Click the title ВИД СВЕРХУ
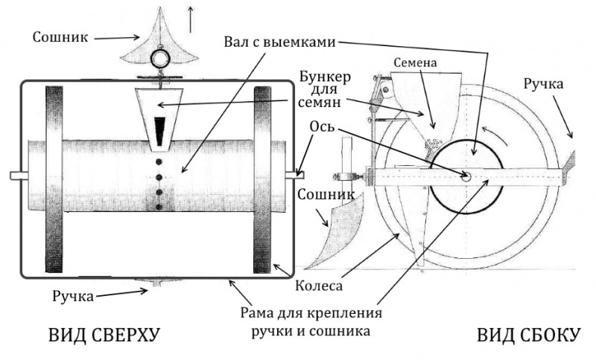pyautogui.click(x=104, y=335)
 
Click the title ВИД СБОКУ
pyautogui.click(x=529, y=335)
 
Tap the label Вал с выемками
pyautogui.click(x=280, y=42)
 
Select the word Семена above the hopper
pyautogui.click(x=415, y=62)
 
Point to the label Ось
pyautogui.click(x=323, y=126)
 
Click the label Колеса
pyautogui.click(x=319, y=286)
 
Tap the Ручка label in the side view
pyautogui.click(x=543, y=84)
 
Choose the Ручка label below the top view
pyautogui.click(x=72, y=296)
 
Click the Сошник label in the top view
pyautogui.click(x=60, y=37)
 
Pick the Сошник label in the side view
pyautogui.click(x=326, y=195)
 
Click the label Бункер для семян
pyautogui.click(x=324, y=89)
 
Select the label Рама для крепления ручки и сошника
pyautogui.click(x=311, y=322)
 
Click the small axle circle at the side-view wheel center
pyautogui.click(x=466, y=176)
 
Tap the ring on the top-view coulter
pyautogui.click(x=162, y=58)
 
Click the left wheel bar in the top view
pyautogui.click(x=54, y=179)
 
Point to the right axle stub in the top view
pyautogui.click(x=294, y=175)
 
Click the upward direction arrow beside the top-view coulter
pyautogui.click(x=190, y=19)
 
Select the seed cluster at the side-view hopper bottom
pyautogui.click(x=433, y=144)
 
